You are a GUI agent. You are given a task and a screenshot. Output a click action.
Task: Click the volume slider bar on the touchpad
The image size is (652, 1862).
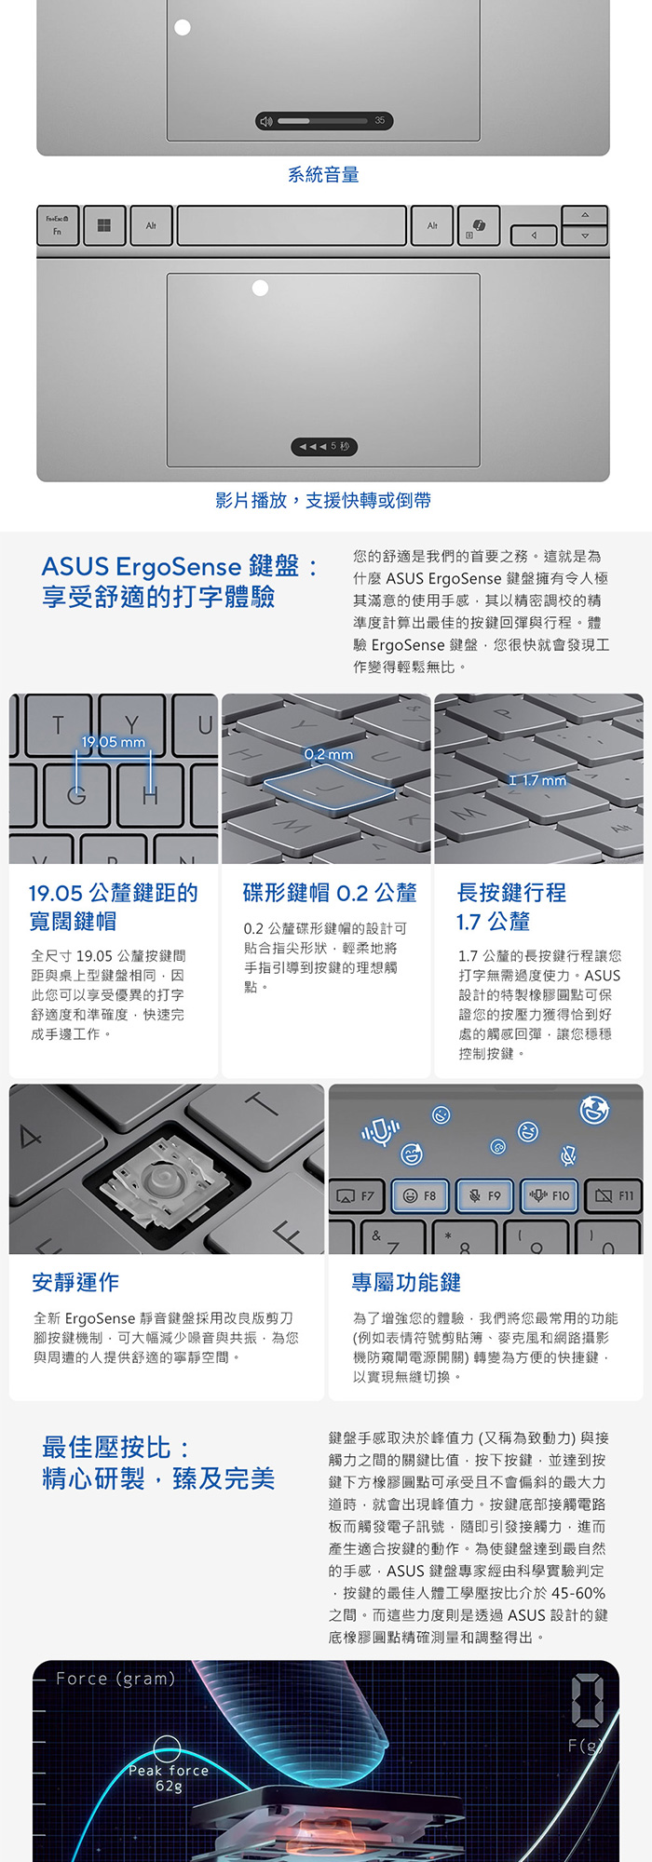click(x=324, y=121)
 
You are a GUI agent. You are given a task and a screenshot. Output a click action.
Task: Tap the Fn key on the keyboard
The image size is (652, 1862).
click(x=58, y=225)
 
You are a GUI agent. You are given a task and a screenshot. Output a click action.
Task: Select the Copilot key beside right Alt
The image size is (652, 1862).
click(x=479, y=225)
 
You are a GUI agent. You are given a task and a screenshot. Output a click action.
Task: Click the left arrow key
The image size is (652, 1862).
click(x=534, y=236)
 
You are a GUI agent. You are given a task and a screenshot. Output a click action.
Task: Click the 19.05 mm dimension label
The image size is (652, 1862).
click(x=114, y=742)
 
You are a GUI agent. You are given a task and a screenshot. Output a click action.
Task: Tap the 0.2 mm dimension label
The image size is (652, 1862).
click(x=329, y=754)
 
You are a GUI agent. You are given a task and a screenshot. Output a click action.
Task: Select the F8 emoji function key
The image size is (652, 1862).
click(x=420, y=1195)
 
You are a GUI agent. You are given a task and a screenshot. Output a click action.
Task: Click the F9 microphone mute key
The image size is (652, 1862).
click(x=484, y=1195)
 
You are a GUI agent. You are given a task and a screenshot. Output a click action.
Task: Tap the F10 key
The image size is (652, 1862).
click(x=549, y=1195)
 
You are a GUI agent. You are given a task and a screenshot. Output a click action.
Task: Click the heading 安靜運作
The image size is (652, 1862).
click(x=75, y=1282)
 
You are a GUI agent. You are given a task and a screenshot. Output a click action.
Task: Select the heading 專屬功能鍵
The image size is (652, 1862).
click(x=406, y=1282)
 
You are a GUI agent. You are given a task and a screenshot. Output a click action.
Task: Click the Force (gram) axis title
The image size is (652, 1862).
click(x=115, y=1679)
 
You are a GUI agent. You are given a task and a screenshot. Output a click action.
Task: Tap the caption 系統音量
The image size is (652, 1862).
click(x=323, y=174)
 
